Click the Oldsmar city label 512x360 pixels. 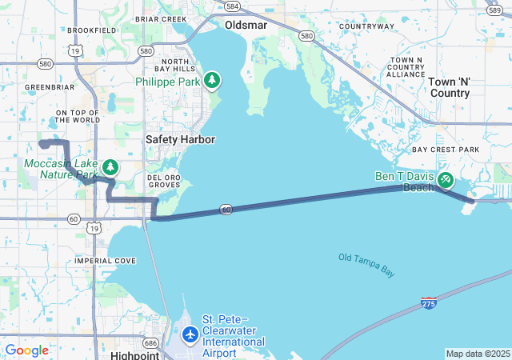[x=245, y=25]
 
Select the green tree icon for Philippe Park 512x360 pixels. [x=212, y=80]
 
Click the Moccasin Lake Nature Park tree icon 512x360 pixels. [x=110, y=167]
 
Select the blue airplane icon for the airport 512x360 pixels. [x=190, y=334]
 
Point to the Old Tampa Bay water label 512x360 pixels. [x=366, y=265]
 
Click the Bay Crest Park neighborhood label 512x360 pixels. [x=446, y=150]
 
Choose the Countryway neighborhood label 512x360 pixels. [x=367, y=26]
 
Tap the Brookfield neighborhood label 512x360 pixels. [x=92, y=30]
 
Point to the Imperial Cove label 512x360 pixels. [x=105, y=261]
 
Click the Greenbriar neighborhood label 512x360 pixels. [x=50, y=86]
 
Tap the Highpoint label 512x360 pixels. [x=135, y=354]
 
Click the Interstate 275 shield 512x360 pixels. [x=429, y=303]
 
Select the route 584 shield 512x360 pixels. [x=232, y=6]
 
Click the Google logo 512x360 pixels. [x=26, y=350]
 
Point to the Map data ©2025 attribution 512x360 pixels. [x=477, y=354]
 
